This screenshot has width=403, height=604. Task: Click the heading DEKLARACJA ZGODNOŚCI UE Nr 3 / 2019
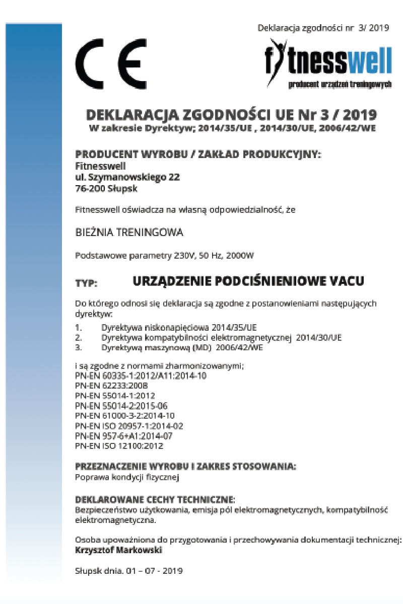point(231,114)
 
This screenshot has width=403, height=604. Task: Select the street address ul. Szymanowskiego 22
point(127,177)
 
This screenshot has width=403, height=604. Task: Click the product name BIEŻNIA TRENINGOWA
point(129,233)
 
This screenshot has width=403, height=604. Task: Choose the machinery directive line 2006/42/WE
point(182,347)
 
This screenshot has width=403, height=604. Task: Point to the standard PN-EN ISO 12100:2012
point(119,445)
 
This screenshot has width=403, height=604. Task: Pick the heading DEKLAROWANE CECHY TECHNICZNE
point(155,499)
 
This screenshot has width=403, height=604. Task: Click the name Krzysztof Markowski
point(118,550)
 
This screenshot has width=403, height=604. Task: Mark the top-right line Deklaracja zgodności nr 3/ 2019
point(323,28)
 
